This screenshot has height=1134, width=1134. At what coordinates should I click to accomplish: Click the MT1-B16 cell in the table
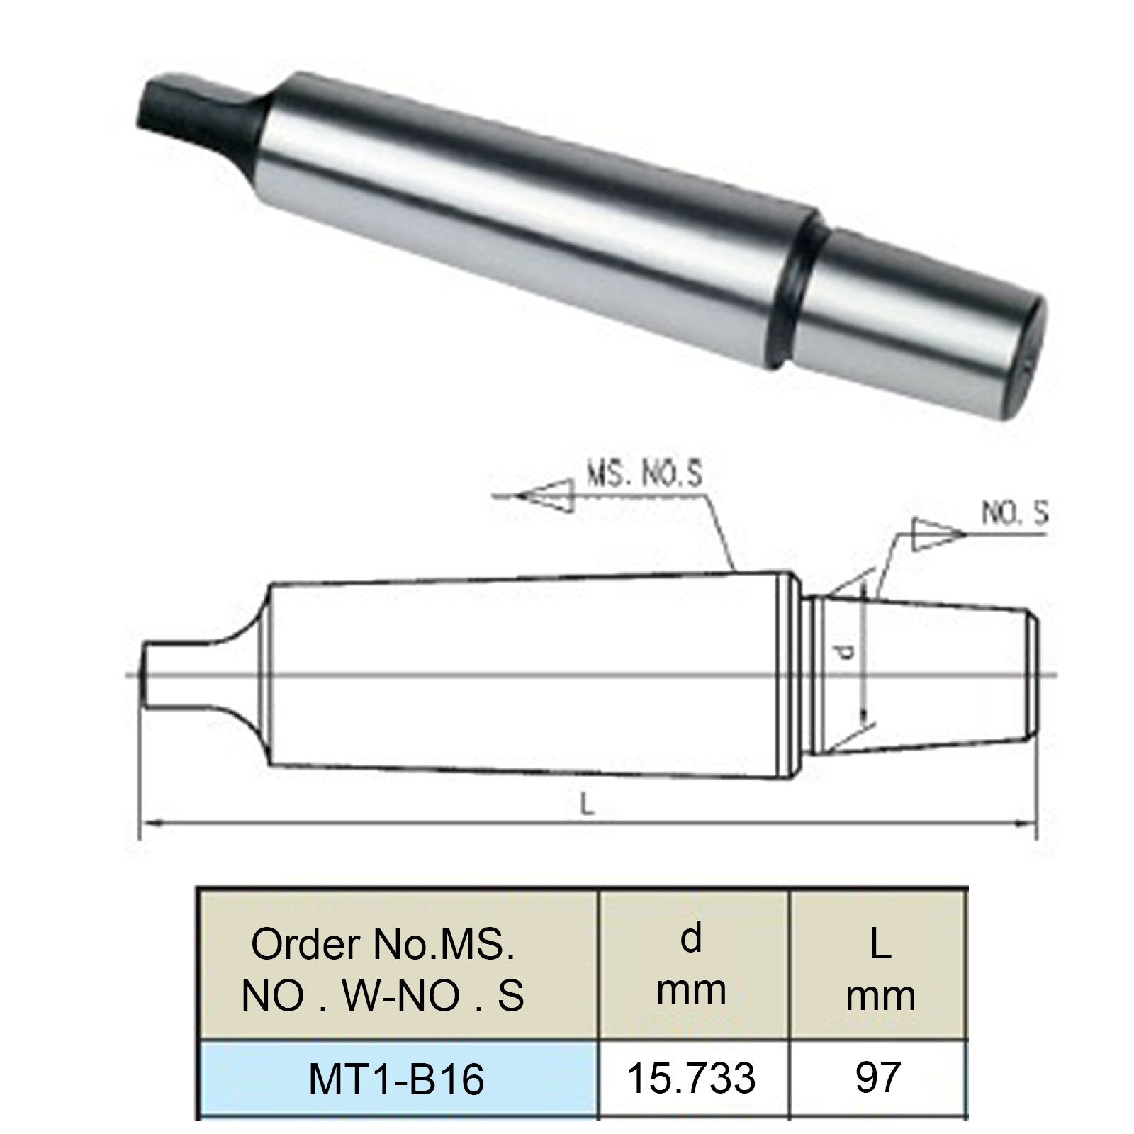coord(397,1079)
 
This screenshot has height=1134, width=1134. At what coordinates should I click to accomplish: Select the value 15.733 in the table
coord(692,1078)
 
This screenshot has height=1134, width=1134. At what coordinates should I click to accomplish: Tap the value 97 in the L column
coord(878,1078)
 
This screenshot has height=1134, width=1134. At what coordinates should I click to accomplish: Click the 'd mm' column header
coord(692,964)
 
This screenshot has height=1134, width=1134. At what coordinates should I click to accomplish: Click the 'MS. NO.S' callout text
coord(644,474)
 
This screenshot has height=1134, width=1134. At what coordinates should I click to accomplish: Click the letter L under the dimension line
coord(587,804)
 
